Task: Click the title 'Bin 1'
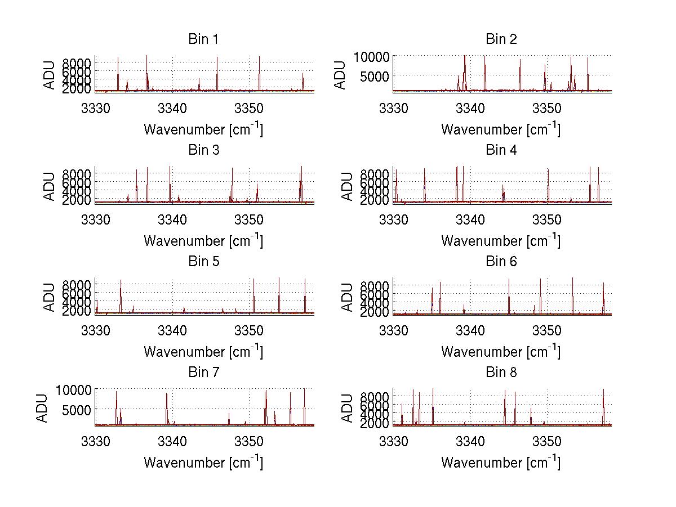tap(203, 39)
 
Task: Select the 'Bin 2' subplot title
tap(501, 39)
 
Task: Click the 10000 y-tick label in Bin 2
tap(371, 56)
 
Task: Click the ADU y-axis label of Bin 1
tap(50, 74)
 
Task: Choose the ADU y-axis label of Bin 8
tap(348, 407)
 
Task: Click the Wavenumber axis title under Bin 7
tap(203, 462)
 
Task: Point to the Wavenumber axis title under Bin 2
tap(501, 129)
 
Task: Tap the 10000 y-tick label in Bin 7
tap(74, 389)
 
